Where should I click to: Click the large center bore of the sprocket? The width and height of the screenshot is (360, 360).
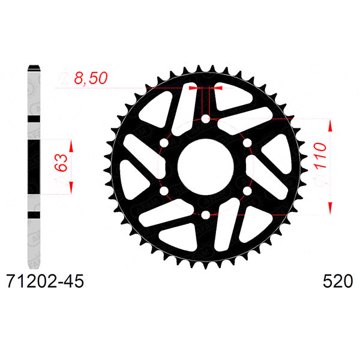click(x=205, y=167)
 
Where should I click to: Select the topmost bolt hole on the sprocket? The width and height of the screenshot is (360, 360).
click(x=205, y=120)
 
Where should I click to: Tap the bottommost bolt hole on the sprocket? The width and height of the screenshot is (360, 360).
click(x=205, y=214)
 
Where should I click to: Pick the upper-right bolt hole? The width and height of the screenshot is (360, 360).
click(x=246, y=143)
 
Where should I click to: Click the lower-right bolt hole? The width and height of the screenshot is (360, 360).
click(x=246, y=191)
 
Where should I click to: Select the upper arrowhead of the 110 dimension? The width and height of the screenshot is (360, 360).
click(x=329, y=124)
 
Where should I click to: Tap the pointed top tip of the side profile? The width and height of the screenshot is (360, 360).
click(x=33, y=64)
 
